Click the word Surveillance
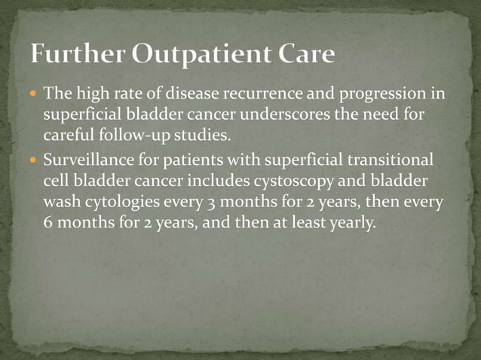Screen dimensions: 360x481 84,160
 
